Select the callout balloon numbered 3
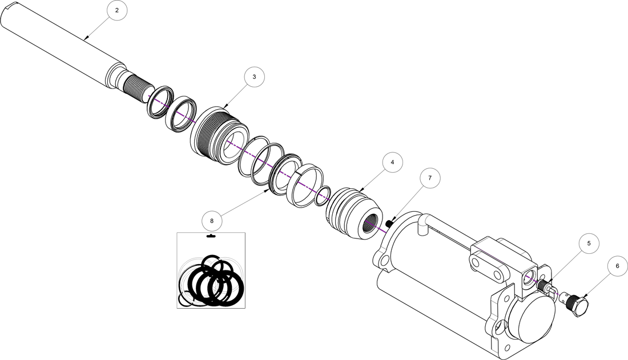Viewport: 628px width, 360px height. coord(254,76)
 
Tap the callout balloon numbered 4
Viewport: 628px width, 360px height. coord(392,163)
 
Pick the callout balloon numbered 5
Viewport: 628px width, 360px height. coord(589,243)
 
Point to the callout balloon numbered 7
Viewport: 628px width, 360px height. coord(430,178)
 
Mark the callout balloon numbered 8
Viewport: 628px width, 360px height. coord(212,220)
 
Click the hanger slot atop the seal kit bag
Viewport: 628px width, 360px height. coord(211,236)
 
